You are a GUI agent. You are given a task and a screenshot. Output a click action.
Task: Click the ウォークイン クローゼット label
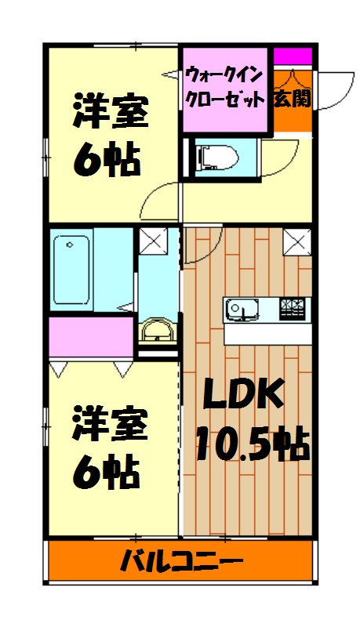tap(225, 89)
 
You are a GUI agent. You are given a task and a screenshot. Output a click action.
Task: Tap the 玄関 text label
tap(292, 99)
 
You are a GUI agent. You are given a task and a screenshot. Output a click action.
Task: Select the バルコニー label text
tap(181, 561)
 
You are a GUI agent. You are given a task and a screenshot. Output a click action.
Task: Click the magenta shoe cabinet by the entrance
tap(293, 57)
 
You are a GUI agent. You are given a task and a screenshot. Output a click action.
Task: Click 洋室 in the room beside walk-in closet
tap(110, 112)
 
